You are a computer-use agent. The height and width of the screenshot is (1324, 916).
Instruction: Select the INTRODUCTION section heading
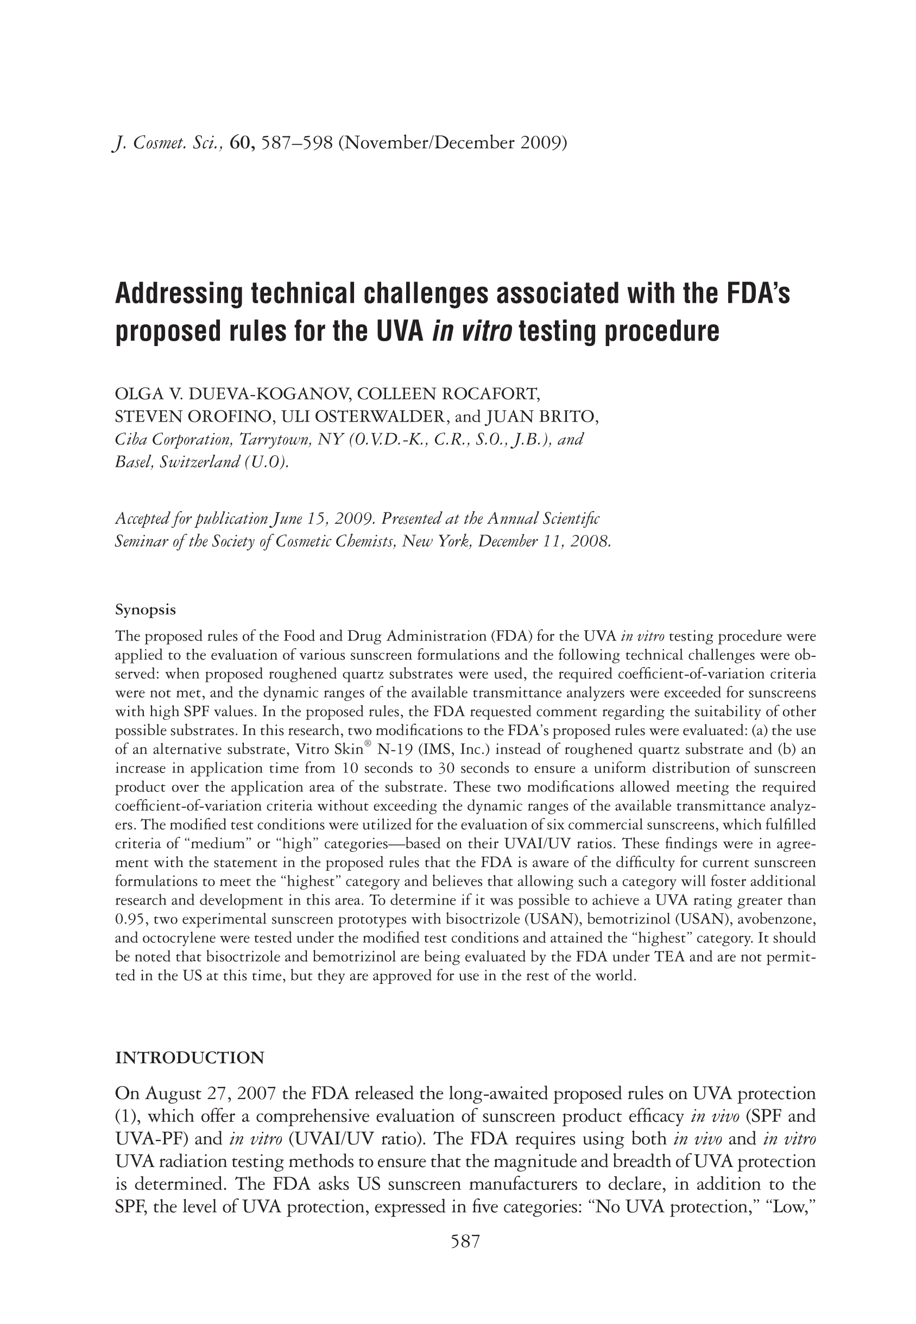[190, 1058]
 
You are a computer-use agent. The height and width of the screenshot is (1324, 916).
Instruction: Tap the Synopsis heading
[146, 609]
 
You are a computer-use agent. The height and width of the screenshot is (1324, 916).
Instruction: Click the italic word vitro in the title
[487, 331]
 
